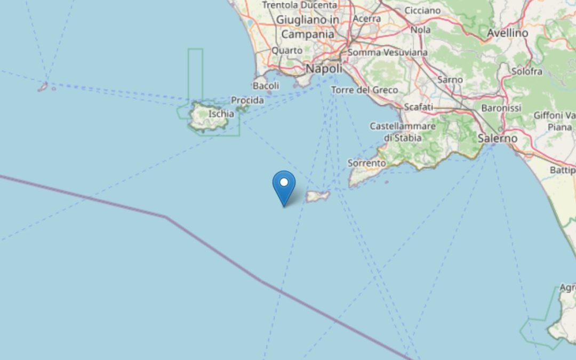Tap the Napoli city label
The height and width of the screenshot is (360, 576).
(324, 69)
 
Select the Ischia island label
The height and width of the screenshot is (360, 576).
(221, 113)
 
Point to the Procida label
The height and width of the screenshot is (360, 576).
(247, 100)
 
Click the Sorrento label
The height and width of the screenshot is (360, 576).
(366, 163)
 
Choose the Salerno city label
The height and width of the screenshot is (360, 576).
(497, 138)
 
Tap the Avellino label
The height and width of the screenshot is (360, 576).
(507, 33)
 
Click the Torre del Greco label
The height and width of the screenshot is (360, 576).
(364, 90)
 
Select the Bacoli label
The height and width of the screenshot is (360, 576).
(266, 85)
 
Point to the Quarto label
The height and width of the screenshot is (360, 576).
(287, 50)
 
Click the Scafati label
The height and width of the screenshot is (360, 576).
(419, 107)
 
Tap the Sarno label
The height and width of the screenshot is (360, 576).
(450, 79)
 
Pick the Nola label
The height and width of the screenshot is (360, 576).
(420, 30)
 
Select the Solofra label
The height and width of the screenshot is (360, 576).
(526, 71)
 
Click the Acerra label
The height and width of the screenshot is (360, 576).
(366, 19)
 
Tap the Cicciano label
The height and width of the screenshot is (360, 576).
(422, 10)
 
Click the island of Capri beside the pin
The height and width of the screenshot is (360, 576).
(318, 196)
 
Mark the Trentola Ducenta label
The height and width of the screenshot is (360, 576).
(299, 5)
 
